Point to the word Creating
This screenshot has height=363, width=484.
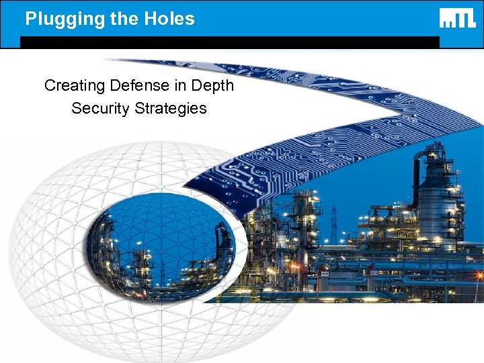pyautogui.click(x=75, y=86)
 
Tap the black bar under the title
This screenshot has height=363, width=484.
pyautogui.click(x=229, y=42)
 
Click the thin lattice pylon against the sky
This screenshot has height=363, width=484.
pyautogui.click(x=333, y=225)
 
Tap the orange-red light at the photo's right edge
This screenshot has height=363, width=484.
pyautogui.click(x=479, y=276)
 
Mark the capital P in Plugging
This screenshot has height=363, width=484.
pyautogui.click(x=30, y=18)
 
